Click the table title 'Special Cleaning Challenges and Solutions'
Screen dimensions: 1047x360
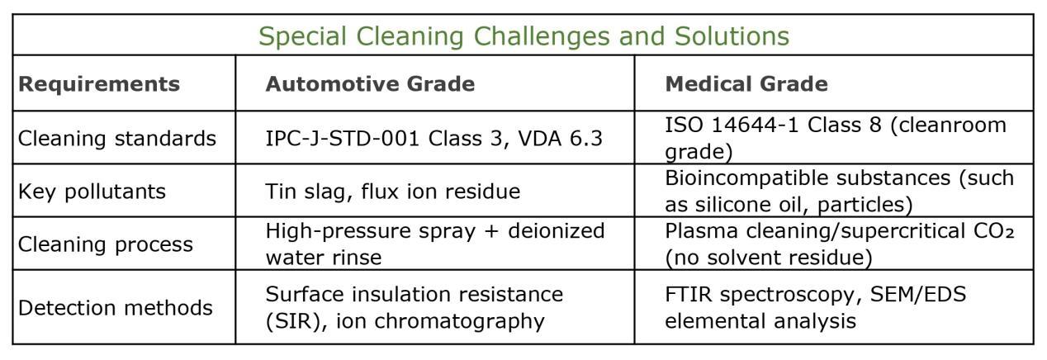(x=524, y=36)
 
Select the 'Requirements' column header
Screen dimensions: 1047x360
(x=99, y=84)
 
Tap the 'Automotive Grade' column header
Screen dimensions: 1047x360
(x=370, y=84)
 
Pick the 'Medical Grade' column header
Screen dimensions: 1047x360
(x=746, y=84)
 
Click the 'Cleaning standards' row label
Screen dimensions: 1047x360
(x=117, y=139)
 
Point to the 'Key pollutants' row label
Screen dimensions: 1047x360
(x=92, y=192)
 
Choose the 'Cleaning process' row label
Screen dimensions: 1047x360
(x=106, y=244)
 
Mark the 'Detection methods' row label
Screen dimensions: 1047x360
(x=116, y=308)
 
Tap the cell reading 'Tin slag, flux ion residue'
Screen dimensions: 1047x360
(x=393, y=192)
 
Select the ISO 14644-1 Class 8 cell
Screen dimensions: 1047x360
(x=836, y=139)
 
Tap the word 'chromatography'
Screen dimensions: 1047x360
(x=459, y=321)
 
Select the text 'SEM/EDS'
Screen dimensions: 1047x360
(x=918, y=295)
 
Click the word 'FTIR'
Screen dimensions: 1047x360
(x=689, y=295)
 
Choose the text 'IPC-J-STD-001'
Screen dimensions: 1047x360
(x=343, y=139)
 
